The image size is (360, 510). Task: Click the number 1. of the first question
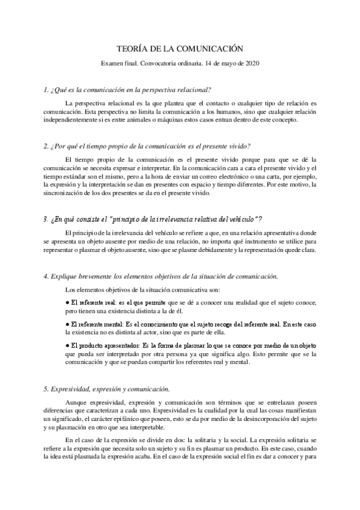46,90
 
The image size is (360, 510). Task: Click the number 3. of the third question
46,218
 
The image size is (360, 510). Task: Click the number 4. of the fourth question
46,275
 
